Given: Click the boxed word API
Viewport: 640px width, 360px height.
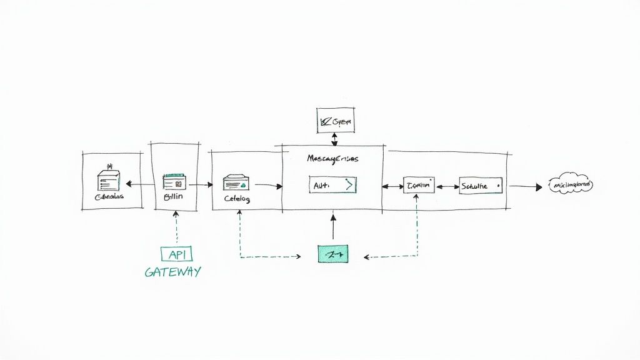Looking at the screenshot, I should pos(176,254).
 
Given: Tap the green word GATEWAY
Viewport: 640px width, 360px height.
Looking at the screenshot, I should pos(172,272).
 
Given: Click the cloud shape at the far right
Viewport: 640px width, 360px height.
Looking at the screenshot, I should pos(570,185).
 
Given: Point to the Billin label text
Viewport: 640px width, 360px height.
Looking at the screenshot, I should pos(174,197).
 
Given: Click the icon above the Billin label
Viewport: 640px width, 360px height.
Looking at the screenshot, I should pos(175,182).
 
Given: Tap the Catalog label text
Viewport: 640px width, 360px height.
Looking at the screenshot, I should pos(237,199).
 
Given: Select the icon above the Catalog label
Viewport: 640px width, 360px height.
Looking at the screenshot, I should pos(237,182).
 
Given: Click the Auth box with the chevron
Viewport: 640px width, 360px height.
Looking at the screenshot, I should pos(332,185).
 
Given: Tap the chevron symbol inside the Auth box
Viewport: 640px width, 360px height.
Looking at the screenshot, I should pos(349,185).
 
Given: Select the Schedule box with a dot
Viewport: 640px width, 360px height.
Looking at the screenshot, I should pos(481,186).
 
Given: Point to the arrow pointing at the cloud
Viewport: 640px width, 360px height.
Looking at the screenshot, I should pos(525,186).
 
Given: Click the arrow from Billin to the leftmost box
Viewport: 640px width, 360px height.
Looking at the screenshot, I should pos(140,184).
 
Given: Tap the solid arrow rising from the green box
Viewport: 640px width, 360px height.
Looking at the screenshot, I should pos(333,227).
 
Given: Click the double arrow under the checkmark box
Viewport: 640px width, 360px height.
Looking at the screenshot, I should pos(335,139).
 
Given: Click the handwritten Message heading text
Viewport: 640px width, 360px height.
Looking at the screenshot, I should pos(332,159).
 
